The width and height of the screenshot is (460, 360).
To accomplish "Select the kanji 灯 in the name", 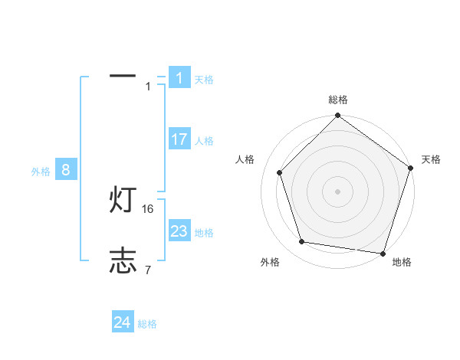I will tap(123, 201).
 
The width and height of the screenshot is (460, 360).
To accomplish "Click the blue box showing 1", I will tap(179, 78).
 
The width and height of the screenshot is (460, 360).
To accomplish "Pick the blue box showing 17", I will tap(179, 139).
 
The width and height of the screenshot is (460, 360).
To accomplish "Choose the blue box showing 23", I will tap(179, 231).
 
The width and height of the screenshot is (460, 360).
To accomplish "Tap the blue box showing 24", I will tap(122, 322).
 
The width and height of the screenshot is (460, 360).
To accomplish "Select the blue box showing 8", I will tap(66, 170).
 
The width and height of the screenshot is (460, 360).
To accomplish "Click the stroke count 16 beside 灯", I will tap(149, 208).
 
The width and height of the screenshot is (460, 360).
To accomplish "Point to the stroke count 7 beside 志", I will tap(148, 270).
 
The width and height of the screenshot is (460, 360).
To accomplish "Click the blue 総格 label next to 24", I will tap(147, 324).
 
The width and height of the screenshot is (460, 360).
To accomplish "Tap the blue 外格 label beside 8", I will tap(41, 172).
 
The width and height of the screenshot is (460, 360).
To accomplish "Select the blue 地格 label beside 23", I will tap(204, 233).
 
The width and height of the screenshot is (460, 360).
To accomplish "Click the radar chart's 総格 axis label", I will tap(338, 100).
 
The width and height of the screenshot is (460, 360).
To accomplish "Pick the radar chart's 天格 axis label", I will tap(431, 159).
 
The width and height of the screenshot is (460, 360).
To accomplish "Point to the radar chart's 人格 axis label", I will tap(245, 159).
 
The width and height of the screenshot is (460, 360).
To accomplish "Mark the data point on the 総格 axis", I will tap(338, 116).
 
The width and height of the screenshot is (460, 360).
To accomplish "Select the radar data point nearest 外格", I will tap(302, 242).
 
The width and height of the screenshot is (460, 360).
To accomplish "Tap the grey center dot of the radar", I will tap(338, 191).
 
